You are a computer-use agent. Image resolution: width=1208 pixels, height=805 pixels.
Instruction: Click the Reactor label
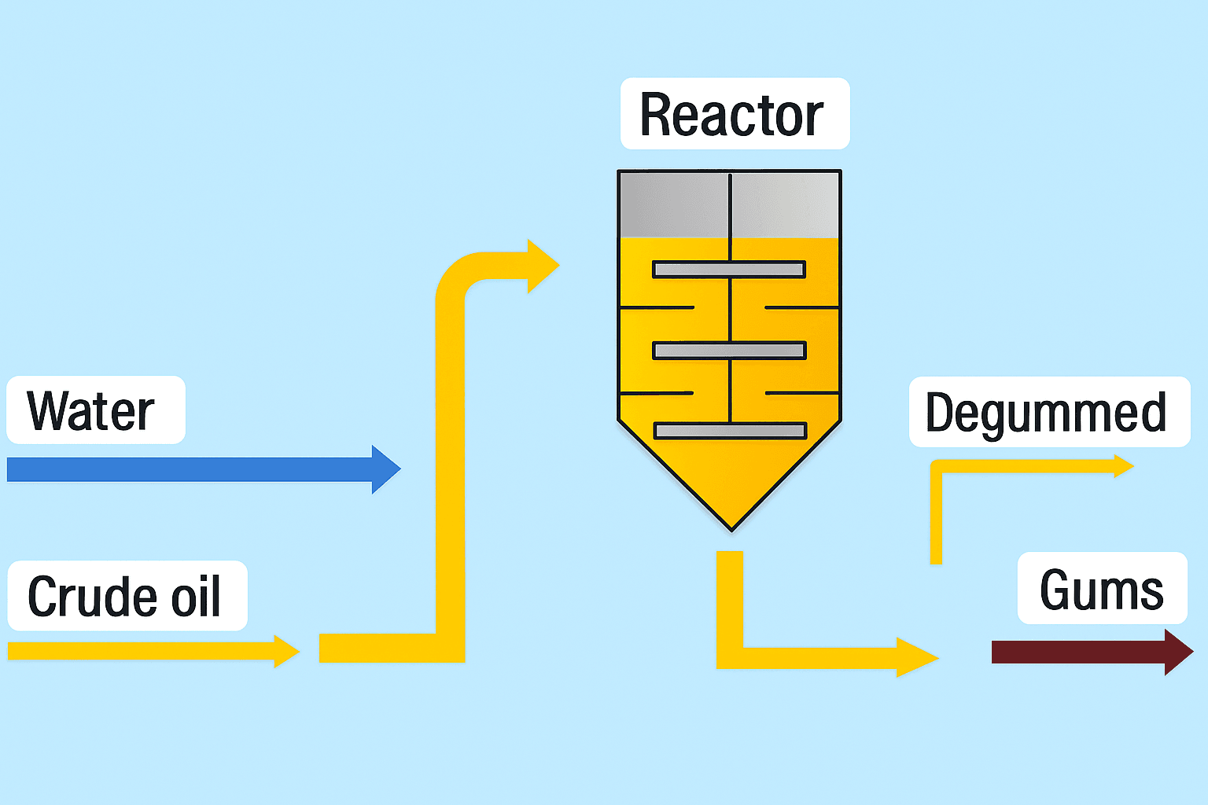[x=735, y=114]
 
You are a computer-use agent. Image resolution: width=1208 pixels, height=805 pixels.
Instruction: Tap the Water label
[x=95, y=410]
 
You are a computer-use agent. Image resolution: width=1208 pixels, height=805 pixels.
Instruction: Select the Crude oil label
[x=127, y=596]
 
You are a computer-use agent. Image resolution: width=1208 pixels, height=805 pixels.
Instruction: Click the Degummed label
[x=1048, y=413]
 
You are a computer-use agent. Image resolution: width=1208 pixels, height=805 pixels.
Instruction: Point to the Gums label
[x=1101, y=589]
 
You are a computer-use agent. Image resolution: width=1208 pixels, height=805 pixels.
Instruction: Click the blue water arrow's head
[x=385, y=469]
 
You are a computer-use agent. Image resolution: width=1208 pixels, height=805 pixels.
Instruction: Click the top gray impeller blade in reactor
[x=729, y=270]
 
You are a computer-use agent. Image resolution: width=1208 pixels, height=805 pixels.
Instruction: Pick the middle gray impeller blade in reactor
[x=729, y=350]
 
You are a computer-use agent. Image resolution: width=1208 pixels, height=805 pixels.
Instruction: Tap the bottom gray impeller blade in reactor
[x=729, y=430]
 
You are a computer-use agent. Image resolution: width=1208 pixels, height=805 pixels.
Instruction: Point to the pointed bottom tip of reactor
[x=731, y=527]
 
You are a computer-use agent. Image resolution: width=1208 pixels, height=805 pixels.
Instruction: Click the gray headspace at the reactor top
[x=729, y=204]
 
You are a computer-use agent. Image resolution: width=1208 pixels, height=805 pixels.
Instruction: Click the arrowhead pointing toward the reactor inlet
[x=541, y=266]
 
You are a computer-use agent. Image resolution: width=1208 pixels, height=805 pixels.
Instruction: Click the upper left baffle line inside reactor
[x=657, y=307]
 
